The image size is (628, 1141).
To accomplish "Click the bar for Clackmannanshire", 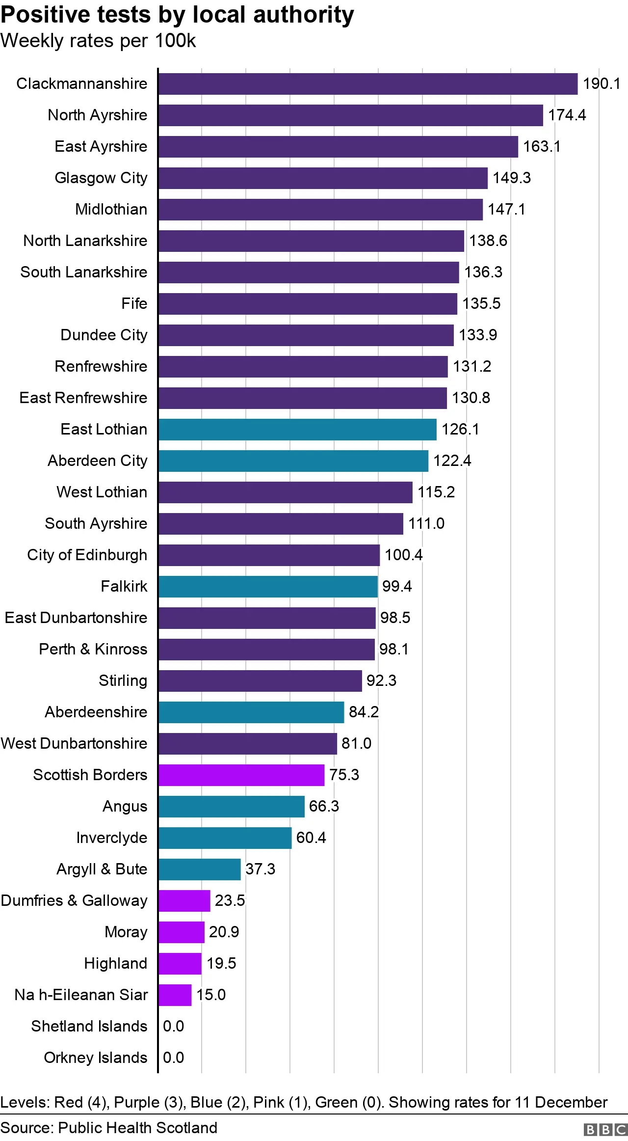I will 368,84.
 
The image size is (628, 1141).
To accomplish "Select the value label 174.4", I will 567,115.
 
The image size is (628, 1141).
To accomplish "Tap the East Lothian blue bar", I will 297,430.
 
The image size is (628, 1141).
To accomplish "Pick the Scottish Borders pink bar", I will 241,775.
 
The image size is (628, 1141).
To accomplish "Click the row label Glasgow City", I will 101,178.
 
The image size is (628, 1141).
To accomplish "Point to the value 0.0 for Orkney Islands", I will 173,1058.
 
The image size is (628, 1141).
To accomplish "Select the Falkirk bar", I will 268,587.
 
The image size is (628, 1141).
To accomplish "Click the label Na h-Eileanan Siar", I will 81,995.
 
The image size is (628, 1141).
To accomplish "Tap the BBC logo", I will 605,1129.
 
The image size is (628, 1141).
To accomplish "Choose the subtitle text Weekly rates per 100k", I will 98,41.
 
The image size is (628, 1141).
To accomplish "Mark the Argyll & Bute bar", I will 200,869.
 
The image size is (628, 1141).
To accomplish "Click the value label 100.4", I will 403,555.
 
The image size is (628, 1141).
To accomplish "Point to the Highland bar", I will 180,964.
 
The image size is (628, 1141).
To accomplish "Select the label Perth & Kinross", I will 93,650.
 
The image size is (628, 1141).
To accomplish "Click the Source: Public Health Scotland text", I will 109,1127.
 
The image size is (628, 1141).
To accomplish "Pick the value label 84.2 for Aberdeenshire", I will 364,712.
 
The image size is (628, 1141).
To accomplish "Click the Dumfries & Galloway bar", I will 184,901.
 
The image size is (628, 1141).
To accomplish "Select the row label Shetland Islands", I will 89,1026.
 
